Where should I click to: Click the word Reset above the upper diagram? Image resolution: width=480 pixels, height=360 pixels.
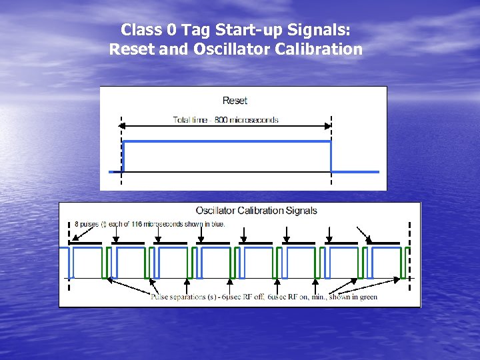tap(235, 101)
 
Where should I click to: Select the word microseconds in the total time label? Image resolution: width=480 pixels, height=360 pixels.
tap(257, 120)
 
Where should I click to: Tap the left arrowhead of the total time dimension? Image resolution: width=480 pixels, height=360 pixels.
tap(124, 126)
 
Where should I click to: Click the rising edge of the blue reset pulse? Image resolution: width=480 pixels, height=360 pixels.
tap(123, 157)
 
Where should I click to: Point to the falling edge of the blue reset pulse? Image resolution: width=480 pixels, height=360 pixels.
tap(331, 157)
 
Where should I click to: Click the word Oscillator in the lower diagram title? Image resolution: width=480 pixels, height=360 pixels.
tap(219, 211)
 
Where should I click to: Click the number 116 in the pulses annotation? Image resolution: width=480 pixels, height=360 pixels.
tap(134, 223)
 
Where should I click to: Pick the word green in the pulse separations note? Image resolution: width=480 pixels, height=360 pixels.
tap(367, 297)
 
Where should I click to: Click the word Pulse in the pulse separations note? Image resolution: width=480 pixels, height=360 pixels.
tap(160, 297)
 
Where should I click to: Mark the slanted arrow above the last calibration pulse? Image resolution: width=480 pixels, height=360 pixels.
tap(363, 233)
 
